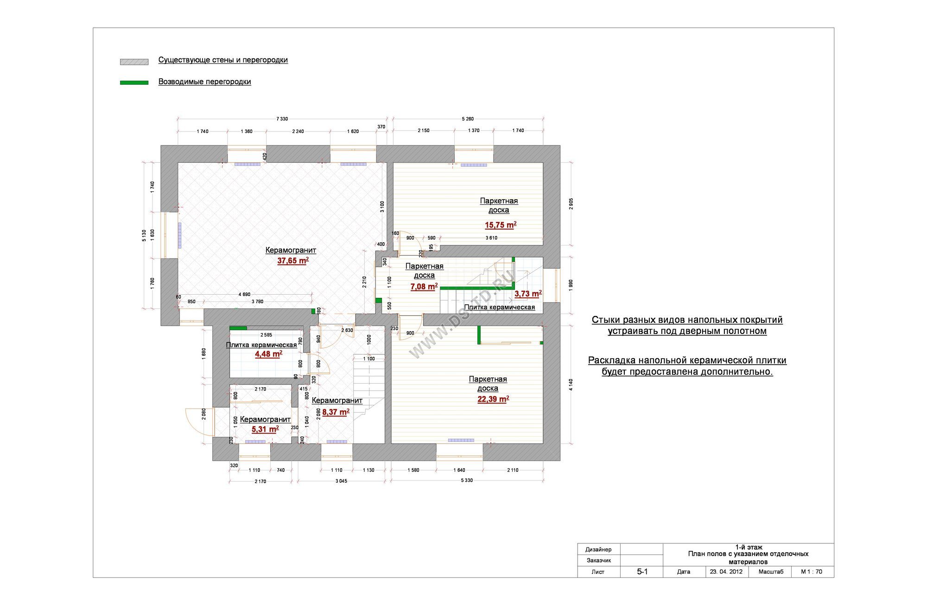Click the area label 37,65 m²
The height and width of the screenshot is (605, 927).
[293, 261]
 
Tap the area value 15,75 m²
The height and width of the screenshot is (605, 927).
[501, 225]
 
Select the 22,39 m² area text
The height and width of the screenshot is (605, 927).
[493, 399]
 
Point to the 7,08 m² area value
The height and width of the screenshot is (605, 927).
[424, 287]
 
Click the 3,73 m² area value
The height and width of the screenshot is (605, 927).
[528, 294]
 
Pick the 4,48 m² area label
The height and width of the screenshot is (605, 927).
[268, 354]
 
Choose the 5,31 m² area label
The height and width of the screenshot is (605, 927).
[265, 429]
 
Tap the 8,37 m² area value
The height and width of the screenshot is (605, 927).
[336, 412]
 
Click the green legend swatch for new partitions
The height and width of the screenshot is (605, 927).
[134, 82]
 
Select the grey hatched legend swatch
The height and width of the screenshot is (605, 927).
[134, 62]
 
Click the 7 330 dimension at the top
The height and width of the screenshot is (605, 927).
[282, 119]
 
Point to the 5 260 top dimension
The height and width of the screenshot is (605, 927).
[468, 119]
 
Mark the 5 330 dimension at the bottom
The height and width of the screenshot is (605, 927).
[467, 480]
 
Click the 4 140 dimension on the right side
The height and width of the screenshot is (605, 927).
[571, 385]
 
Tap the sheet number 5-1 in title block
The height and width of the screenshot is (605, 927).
[642, 572]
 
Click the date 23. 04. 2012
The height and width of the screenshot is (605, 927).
[726, 572]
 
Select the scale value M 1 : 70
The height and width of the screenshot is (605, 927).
[812, 572]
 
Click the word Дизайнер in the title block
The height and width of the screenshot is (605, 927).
[598, 549]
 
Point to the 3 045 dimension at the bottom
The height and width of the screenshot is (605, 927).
[341, 481]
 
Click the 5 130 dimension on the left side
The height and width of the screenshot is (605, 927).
[144, 235]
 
